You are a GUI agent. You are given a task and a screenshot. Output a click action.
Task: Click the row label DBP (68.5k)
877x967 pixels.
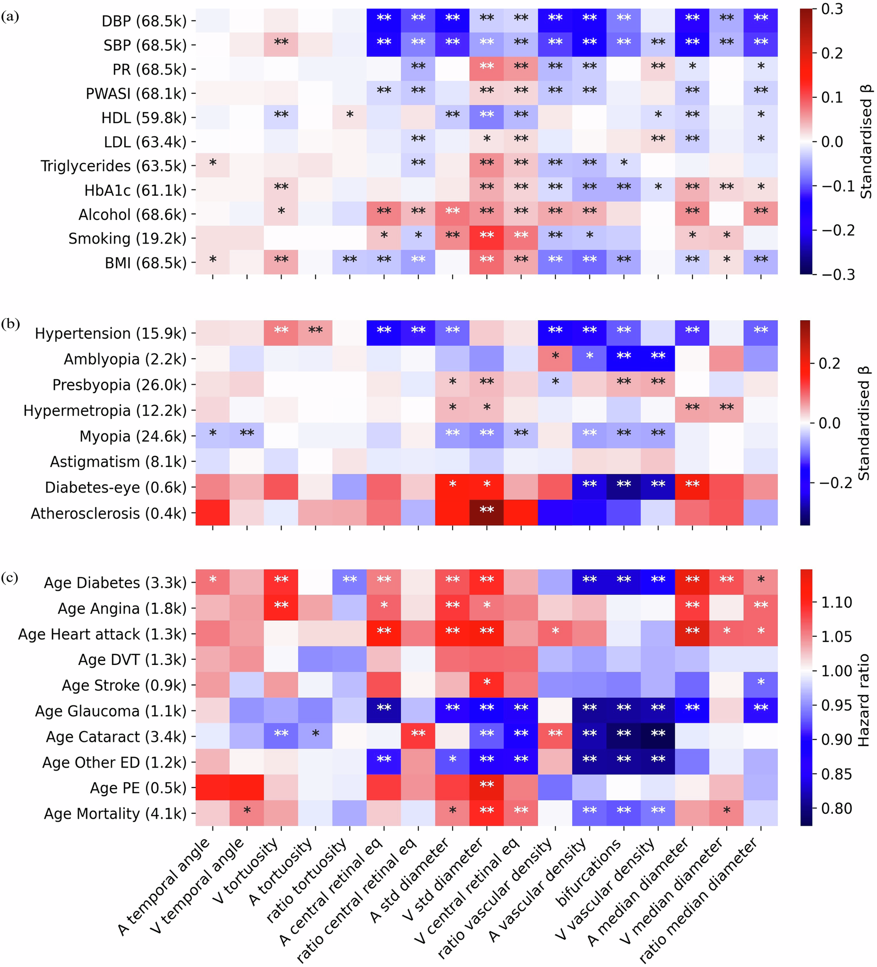tap(144, 21)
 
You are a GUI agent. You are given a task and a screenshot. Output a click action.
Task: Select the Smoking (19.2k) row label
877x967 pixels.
tap(127, 238)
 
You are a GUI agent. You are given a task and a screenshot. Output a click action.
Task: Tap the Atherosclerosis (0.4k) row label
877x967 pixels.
tap(108, 514)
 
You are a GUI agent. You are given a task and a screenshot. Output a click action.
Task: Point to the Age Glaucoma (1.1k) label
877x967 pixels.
tap(110, 711)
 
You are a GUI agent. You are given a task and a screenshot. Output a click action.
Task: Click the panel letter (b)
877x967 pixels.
tap(11, 324)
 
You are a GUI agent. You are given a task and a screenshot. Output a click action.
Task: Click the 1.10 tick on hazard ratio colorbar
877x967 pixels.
tap(836, 602)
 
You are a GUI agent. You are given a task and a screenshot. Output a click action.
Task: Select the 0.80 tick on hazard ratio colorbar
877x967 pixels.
tap(836, 808)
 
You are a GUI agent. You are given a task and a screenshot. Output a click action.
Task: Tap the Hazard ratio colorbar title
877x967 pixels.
tap(863, 700)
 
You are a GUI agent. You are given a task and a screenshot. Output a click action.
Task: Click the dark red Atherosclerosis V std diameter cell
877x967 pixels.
tap(487, 513)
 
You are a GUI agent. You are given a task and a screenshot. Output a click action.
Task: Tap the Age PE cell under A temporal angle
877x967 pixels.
tap(212, 788)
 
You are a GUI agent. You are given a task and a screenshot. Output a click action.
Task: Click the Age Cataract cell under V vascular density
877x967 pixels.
tap(658, 736)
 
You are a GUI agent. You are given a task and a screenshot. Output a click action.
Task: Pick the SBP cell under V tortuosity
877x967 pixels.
tap(281, 45)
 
